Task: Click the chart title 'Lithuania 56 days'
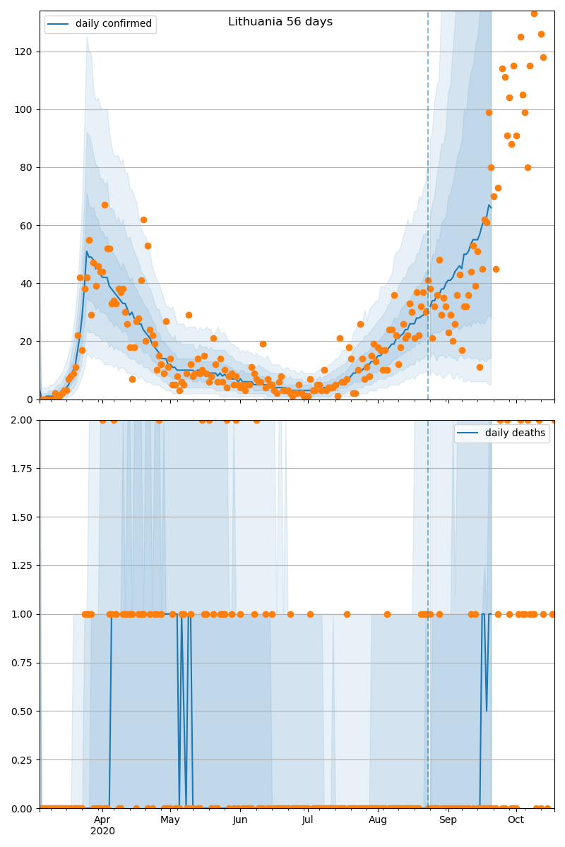coord(280,22)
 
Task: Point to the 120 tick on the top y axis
coord(25,52)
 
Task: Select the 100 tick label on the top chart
coord(25,109)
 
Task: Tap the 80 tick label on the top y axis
coord(28,167)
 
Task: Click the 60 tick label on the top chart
coord(28,225)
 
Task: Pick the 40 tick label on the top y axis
coord(28,283)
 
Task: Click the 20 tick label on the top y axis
coord(28,341)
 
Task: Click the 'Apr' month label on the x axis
coord(102,819)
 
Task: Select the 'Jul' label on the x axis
coord(308,819)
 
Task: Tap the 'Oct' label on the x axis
coord(516,819)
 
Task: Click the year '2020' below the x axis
coord(102,831)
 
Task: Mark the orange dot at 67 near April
coord(105,205)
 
